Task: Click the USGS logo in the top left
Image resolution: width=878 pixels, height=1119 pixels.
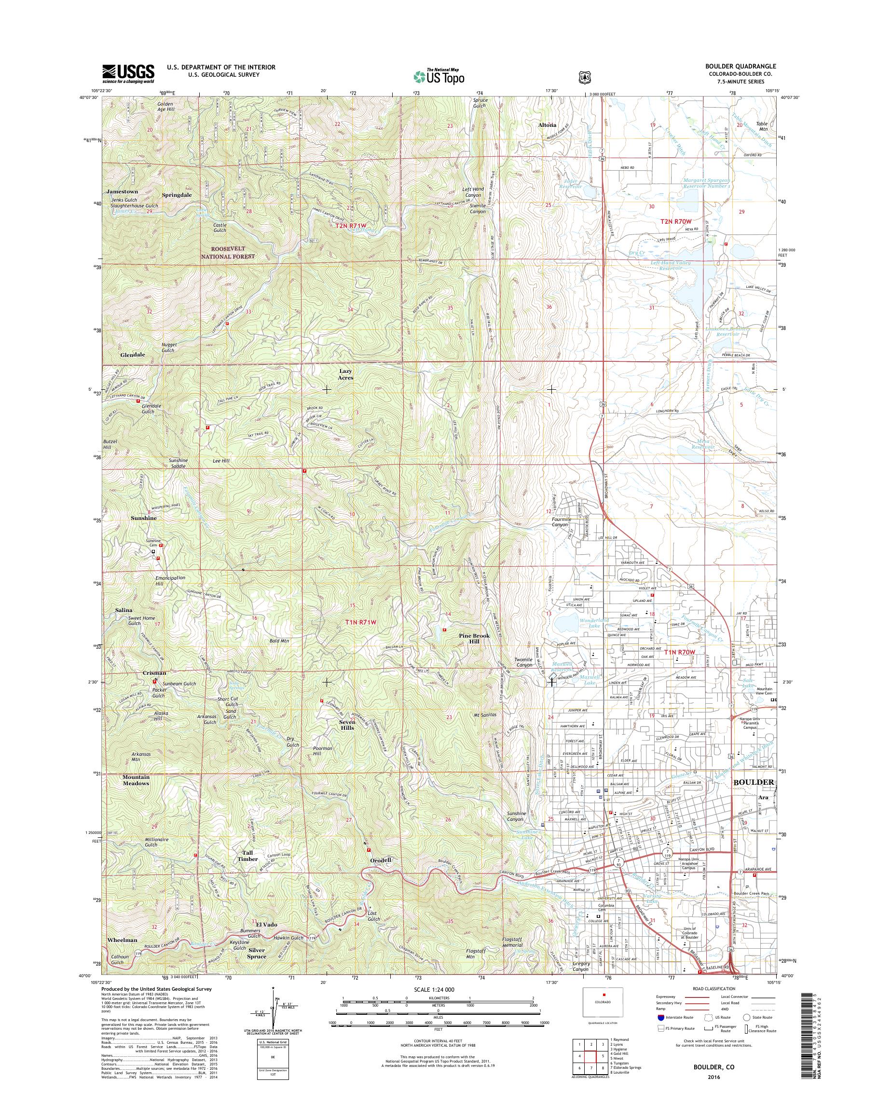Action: coord(128,73)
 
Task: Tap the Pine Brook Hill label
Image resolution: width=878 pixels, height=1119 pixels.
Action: coord(474,639)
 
